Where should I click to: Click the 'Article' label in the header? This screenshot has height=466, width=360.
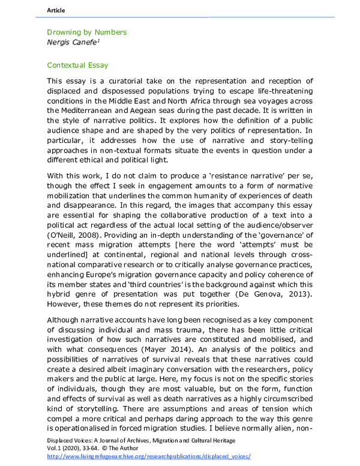56,10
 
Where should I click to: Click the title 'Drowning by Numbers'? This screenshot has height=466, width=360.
86,32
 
